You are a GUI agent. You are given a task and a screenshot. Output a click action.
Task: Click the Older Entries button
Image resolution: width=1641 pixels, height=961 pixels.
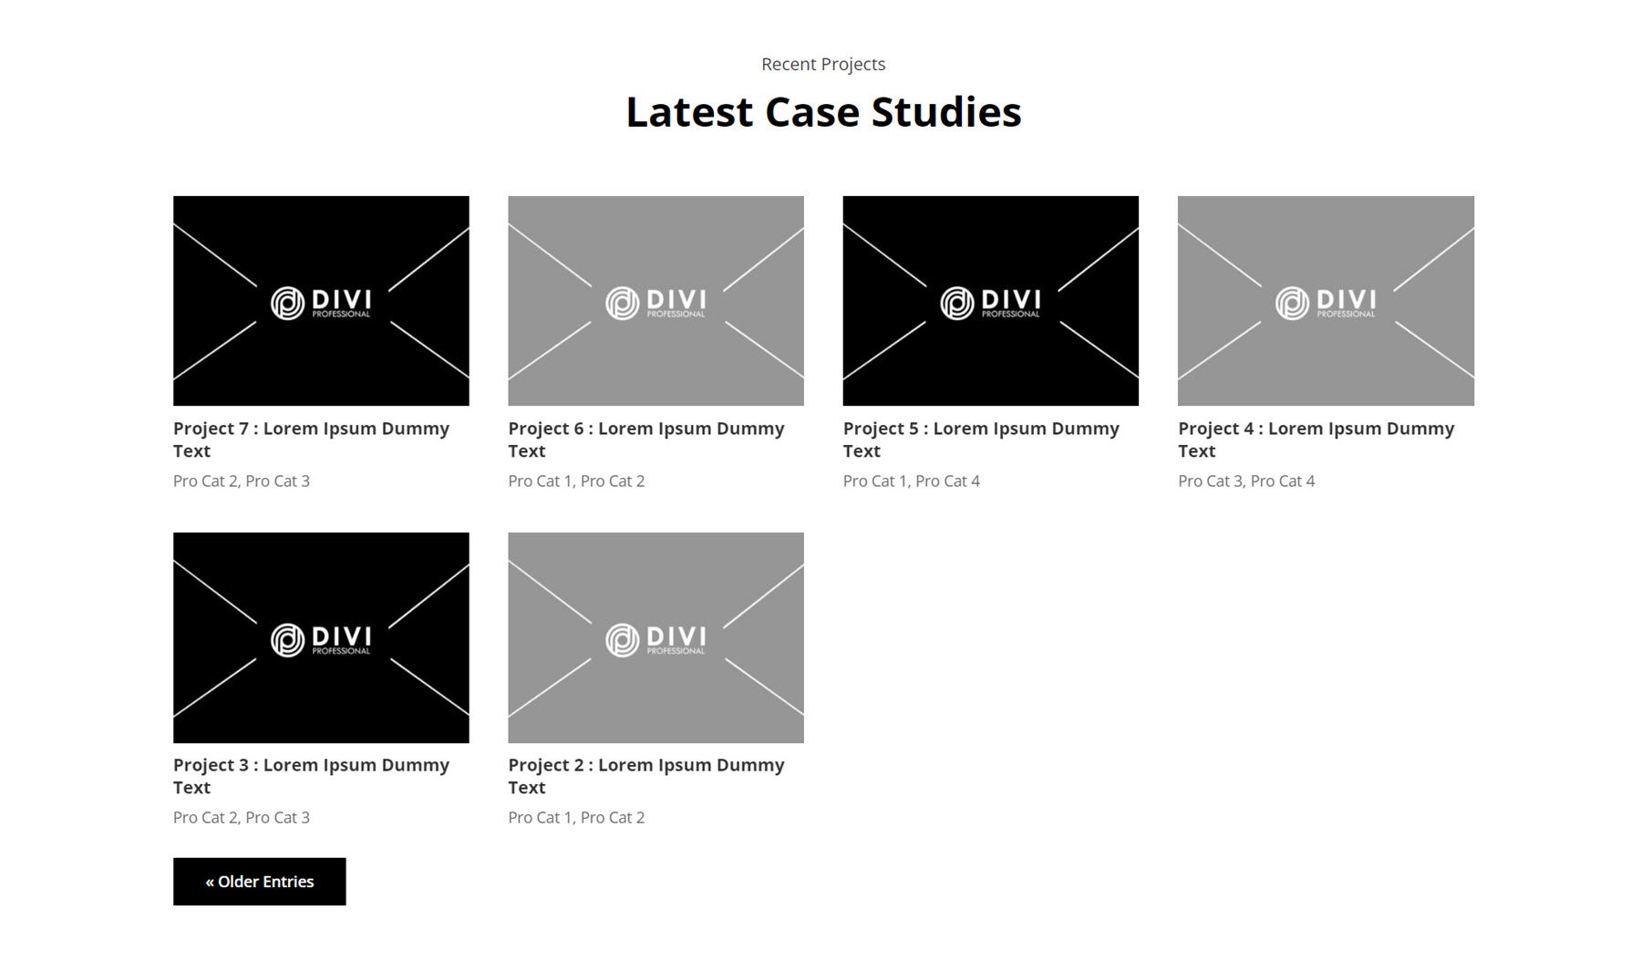pos(259,882)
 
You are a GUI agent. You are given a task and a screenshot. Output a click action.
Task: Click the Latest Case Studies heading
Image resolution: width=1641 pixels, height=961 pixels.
pos(823,112)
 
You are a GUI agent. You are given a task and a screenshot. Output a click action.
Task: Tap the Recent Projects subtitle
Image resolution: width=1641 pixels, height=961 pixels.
pos(823,64)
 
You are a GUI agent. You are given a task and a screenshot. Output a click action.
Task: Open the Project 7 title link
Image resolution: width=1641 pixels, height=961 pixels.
pos(311,439)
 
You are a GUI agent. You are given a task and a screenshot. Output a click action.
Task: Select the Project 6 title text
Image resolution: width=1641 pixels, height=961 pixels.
pos(645,439)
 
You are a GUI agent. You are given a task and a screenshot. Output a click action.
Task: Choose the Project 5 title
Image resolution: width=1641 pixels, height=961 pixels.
pos(981,439)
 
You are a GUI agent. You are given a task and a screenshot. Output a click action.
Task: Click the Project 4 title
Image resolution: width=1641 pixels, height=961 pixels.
pos(1316,439)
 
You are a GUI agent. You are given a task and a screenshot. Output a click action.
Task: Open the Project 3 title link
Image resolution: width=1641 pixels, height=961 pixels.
pos(311,776)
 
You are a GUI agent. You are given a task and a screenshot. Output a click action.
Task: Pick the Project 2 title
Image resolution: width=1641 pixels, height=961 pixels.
pos(645,776)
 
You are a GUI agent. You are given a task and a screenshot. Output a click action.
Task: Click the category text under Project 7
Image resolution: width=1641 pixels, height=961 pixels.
pos(242,480)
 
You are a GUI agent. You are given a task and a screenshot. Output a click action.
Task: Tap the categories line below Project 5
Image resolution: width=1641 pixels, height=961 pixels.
pos(912,480)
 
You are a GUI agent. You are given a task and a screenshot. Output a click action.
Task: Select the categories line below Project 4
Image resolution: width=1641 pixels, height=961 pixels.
pos(1246,480)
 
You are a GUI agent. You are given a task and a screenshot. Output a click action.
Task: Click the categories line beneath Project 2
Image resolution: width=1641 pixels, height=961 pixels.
pos(576,817)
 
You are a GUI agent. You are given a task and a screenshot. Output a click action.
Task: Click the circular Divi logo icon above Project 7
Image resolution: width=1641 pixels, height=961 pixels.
pos(287,304)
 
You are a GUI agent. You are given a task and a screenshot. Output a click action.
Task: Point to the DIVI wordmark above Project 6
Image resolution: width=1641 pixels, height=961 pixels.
pos(676,299)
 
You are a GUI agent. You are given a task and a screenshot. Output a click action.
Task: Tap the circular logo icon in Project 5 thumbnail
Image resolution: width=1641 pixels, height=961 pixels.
pos(957,304)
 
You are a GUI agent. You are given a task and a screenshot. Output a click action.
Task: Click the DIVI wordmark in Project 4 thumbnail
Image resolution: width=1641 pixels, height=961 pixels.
pos(1346,299)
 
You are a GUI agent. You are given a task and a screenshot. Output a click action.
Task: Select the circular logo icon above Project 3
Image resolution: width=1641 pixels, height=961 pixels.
pos(287,640)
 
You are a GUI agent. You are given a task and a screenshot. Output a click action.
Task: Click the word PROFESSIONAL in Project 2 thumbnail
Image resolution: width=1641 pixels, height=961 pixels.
pos(676,651)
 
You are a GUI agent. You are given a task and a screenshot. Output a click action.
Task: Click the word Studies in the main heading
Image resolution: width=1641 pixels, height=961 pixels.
pos(946,112)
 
